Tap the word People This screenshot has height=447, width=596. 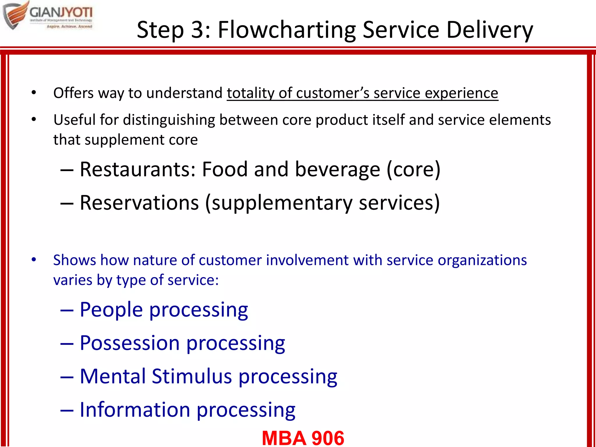point(111,310)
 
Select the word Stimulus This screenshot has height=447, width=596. point(192,376)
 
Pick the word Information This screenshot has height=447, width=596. point(135,410)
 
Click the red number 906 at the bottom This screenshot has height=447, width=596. point(328,438)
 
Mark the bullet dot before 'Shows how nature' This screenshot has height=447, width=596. point(34,259)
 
